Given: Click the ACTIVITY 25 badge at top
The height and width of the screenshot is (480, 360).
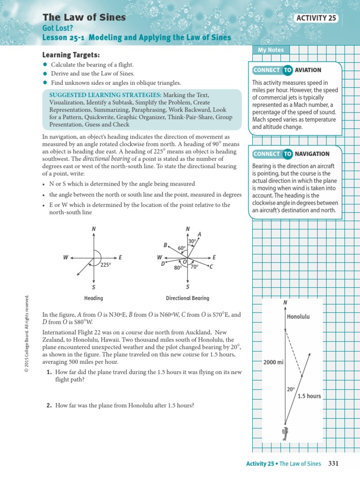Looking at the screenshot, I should pyautogui.click(x=317, y=18).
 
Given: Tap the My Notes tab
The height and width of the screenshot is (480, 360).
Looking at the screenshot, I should pyautogui.click(x=270, y=50).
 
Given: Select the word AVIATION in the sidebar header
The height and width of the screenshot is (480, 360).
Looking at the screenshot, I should pyautogui.click(x=308, y=70).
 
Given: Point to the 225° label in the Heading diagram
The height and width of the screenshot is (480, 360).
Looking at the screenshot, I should pyautogui.click(x=105, y=265).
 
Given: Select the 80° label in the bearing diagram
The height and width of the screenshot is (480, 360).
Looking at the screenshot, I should pyautogui.click(x=178, y=268).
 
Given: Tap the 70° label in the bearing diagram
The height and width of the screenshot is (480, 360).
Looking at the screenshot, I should pyautogui.click(x=195, y=266).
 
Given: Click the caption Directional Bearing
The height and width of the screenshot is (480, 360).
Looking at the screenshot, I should pyautogui.click(x=187, y=298).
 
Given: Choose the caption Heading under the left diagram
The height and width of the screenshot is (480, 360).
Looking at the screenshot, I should pyautogui.click(x=93, y=298).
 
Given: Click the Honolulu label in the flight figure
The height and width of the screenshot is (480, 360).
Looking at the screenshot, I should pyautogui.click(x=298, y=317).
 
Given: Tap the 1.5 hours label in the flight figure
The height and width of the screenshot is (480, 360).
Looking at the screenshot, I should pyautogui.click(x=309, y=396).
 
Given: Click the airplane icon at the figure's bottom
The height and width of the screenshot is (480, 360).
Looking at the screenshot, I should pyautogui.click(x=285, y=434).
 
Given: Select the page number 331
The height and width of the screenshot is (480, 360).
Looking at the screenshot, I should pyautogui.click(x=333, y=464).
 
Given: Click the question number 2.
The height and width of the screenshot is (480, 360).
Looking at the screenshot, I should pyautogui.click(x=49, y=405).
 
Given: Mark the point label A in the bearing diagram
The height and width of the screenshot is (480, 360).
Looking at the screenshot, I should pyautogui.click(x=199, y=234).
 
